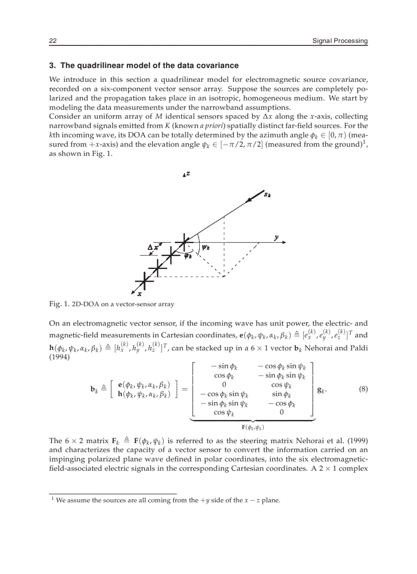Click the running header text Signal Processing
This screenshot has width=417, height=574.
point(340,41)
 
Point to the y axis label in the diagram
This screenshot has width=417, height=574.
point(276,238)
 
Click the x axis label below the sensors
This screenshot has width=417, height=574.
point(140,293)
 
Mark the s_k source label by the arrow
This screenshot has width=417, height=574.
point(267,195)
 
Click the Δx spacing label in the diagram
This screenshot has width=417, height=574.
point(153,248)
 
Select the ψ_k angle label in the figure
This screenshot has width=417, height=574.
point(206,247)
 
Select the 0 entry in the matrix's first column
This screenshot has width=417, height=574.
point(224,385)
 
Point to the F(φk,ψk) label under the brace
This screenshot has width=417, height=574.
point(253,427)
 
